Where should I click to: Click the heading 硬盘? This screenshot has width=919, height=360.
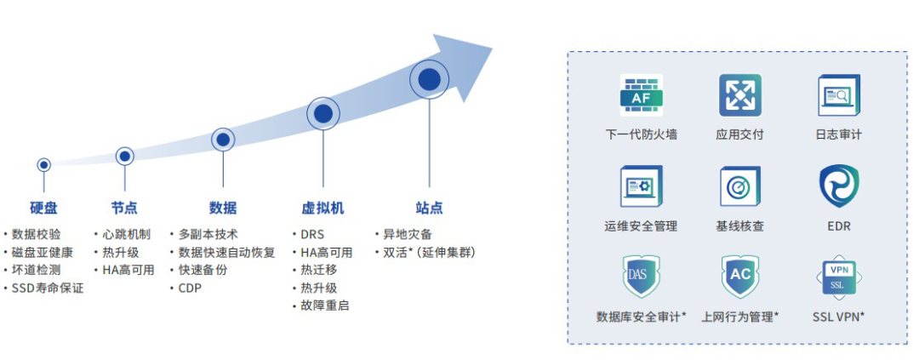click(x=43, y=208)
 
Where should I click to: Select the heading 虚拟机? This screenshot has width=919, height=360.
click(x=323, y=208)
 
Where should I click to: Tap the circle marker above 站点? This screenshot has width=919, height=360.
click(x=430, y=79)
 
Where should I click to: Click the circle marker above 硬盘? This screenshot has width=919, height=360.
click(x=43, y=164)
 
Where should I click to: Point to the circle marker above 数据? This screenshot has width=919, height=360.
click(x=223, y=139)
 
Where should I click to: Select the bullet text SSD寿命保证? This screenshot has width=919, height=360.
click(x=48, y=288)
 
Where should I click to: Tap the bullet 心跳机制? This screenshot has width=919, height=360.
click(x=126, y=234)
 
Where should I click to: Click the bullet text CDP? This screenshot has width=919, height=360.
click(x=190, y=288)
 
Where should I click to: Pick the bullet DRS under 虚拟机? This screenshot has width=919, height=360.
click(x=311, y=234)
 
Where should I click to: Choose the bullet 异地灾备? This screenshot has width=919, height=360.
click(x=408, y=234)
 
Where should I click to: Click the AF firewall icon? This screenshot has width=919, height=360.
click(x=641, y=96)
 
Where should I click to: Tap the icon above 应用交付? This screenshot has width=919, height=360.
click(x=739, y=95)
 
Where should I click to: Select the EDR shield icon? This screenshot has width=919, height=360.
click(x=838, y=187)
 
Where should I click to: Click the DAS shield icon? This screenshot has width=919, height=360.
click(x=641, y=276)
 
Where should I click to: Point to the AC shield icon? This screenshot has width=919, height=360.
click(x=739, y=276)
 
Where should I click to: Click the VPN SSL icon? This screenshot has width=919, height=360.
click(x=838, y=276)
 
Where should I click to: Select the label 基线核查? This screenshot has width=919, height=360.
click(x=739, y=226)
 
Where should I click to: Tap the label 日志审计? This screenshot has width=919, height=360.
click(x=838, y=134)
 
